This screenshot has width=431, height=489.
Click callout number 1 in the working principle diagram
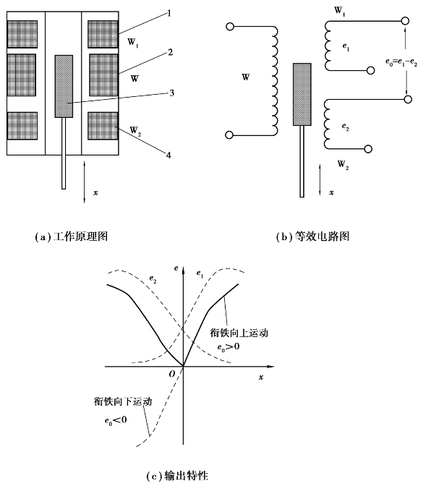tap(169, 13)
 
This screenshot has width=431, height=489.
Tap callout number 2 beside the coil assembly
tap(170, 52)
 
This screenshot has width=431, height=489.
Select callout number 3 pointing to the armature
tap(171, 93)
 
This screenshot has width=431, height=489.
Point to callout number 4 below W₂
tap(168, 155)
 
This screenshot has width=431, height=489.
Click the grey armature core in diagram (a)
tap(64, 86)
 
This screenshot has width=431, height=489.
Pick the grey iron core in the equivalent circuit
tap(302, 95)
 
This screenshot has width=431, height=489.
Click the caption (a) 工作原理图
tap(72, 237)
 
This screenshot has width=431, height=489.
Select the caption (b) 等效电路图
tap(312, 237)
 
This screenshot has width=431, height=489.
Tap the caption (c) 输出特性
tap(177, 476)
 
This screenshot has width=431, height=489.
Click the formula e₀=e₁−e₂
tap(401, 62)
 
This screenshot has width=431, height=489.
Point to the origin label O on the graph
tap(172, 374)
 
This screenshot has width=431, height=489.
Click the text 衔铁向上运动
tap(239, 333)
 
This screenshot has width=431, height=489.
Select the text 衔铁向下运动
tap(123, 401)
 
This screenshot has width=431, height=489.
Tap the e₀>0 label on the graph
tap(229, 346)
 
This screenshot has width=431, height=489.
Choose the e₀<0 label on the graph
tap(116, 420)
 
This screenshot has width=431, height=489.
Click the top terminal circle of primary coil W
tap(229, 27)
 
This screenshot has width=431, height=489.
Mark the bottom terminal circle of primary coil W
tap(229, 135)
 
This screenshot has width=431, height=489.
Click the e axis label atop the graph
tap(176, 268)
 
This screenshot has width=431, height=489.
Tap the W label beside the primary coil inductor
tap(246, 77)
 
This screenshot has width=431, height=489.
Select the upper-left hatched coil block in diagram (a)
tap(22, 34)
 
